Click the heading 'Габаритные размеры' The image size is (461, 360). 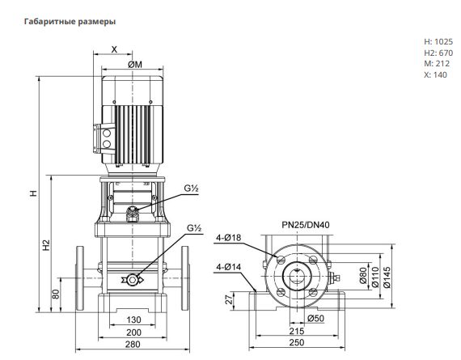click(x=70, y=22)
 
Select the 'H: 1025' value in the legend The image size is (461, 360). click(x=438, y=41)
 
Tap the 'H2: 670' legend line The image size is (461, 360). click(x=438, y=53)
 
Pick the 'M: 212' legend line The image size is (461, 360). click(x=437, y=64)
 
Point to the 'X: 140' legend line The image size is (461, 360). click(x=435, y=74)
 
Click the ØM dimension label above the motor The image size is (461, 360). click(x=135, y=65)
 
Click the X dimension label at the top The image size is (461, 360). click(x=114, y=49)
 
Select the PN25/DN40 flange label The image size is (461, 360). click(x=306, y=225)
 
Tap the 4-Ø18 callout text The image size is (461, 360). click(x=228, y=238)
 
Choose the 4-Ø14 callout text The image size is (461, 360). click(x=228, y=267)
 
